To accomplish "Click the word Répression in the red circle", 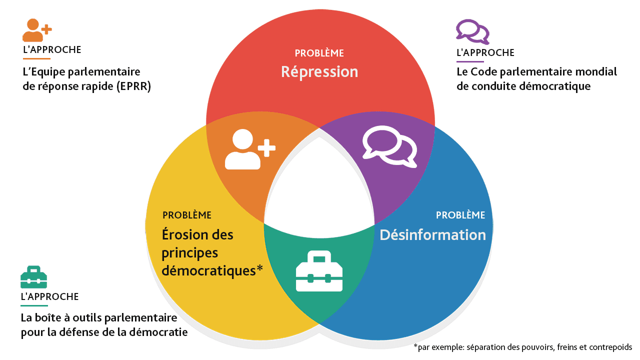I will pos(319,71).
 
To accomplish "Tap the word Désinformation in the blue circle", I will pos(432,234).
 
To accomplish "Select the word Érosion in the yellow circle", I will pos(183,234).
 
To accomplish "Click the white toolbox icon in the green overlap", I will pos(319,270).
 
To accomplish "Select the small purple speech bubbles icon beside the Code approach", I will pos(472,31).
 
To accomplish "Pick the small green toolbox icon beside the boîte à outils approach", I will pos(33,277).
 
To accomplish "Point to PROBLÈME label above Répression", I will pos(319,53).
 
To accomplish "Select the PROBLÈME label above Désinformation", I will pos(460,215).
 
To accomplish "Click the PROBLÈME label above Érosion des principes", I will pos(187,215).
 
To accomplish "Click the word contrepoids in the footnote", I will pos(611,347).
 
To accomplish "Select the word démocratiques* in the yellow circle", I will pos(212,270).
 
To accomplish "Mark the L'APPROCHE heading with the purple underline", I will pos(485,52).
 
